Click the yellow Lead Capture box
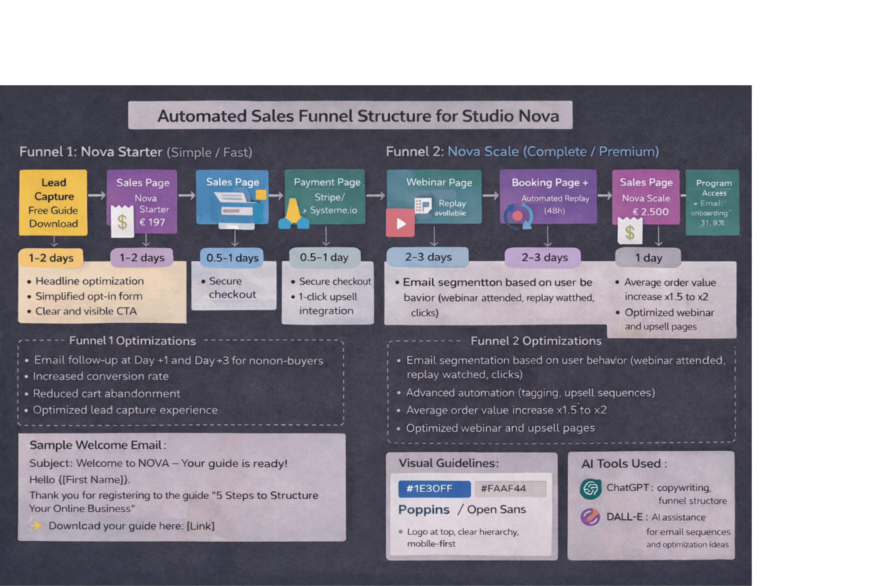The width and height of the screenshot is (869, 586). pos(53,202)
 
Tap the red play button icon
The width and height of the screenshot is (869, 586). pos(400,223)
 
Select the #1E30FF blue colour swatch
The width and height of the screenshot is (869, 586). pos(434,489)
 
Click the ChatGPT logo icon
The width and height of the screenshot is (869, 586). pos(590,489)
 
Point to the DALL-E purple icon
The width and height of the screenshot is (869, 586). pos(590,517)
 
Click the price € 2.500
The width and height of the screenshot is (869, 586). pos(650,212)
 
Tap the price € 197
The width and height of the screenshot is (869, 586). pos(152,222)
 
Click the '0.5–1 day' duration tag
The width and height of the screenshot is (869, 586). pos(324,257)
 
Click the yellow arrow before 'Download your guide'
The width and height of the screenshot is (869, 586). pos(36,525)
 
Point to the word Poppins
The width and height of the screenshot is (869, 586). pos(424,509)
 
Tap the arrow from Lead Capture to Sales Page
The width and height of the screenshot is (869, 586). pos(97,196)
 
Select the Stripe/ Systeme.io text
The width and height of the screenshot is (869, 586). pos(332,204)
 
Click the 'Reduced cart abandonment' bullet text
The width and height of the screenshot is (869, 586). pos(107,394)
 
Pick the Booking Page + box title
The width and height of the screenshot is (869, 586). pos(550,183)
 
